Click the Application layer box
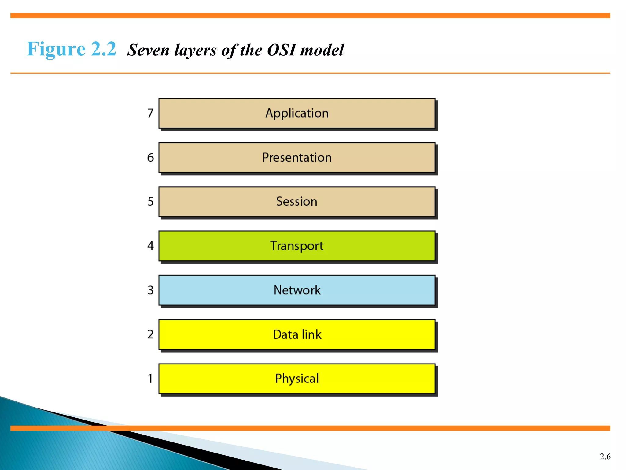296,113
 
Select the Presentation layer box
296,158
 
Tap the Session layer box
296,202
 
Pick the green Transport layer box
296,246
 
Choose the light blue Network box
296,290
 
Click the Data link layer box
296,334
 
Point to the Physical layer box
296,379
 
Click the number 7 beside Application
150,113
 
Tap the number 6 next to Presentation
150,158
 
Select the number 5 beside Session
150,202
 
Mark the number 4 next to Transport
150,246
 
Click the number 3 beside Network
150,290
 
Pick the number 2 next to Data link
150,334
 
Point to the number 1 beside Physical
150,379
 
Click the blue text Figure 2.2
72,49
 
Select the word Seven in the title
148,50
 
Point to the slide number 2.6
605,457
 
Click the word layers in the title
195,50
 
